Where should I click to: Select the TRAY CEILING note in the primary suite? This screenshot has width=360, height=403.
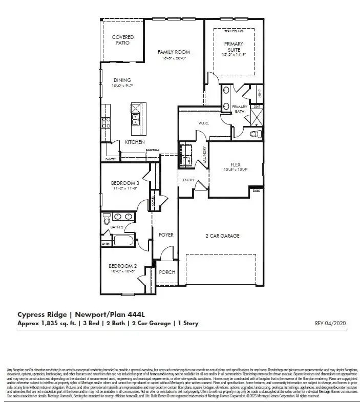tap(234, 32)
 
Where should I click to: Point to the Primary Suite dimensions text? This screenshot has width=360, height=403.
tap(234, 55)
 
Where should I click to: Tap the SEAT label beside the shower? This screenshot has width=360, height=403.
tap(257, 106)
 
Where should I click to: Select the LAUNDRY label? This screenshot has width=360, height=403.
tap(205, 154)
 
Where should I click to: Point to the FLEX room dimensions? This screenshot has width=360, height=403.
tap(235, 170)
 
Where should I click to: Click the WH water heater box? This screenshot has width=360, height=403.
tap(257, 190)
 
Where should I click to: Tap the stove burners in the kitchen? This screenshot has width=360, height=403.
tap(107, 122)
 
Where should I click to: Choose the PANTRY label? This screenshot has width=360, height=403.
tap(110, 159)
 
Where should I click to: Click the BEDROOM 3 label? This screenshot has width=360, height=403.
tap(125, 183)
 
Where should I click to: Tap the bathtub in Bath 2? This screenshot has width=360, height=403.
tap(122, 240)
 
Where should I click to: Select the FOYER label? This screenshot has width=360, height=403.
tap(165, 235)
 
